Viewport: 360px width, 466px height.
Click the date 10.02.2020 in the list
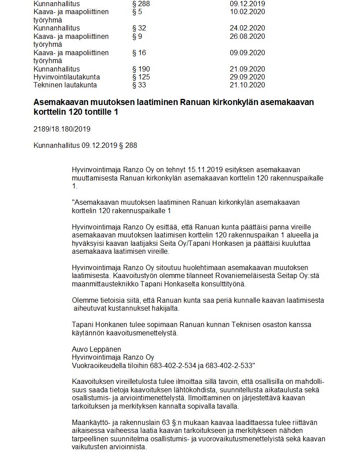[x=247, y=12]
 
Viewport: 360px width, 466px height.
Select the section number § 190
[x=141, y=69]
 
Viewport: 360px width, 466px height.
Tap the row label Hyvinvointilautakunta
[x=67, y=77]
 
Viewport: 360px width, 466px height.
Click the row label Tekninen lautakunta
[x=65, y=85]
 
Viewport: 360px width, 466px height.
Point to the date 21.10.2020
[x=247, y=85]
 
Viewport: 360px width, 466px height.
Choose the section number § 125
[x=141, y=77]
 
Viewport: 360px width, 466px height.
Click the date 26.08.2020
[x=247, y=36]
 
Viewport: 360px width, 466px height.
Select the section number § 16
[x=139, y=53]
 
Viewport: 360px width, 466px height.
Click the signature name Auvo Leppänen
[x=96, y=349]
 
